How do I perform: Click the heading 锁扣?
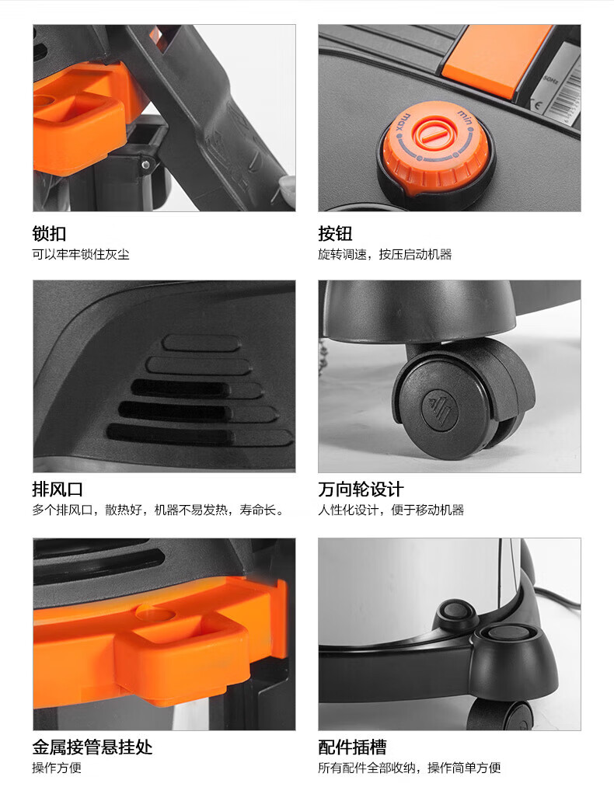49,233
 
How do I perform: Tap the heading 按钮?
335,233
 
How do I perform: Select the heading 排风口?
58,489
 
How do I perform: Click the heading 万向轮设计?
361,489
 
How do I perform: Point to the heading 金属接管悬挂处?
92,747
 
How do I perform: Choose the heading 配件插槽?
352,747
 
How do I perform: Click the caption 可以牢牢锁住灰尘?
81,255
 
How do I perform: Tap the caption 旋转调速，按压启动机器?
385,255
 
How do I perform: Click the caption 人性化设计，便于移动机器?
391,510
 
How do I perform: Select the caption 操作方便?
57,768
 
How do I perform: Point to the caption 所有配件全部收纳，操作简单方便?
410,768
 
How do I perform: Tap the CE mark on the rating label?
537,105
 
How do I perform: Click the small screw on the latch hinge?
146,165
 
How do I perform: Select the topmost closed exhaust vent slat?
201,343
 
